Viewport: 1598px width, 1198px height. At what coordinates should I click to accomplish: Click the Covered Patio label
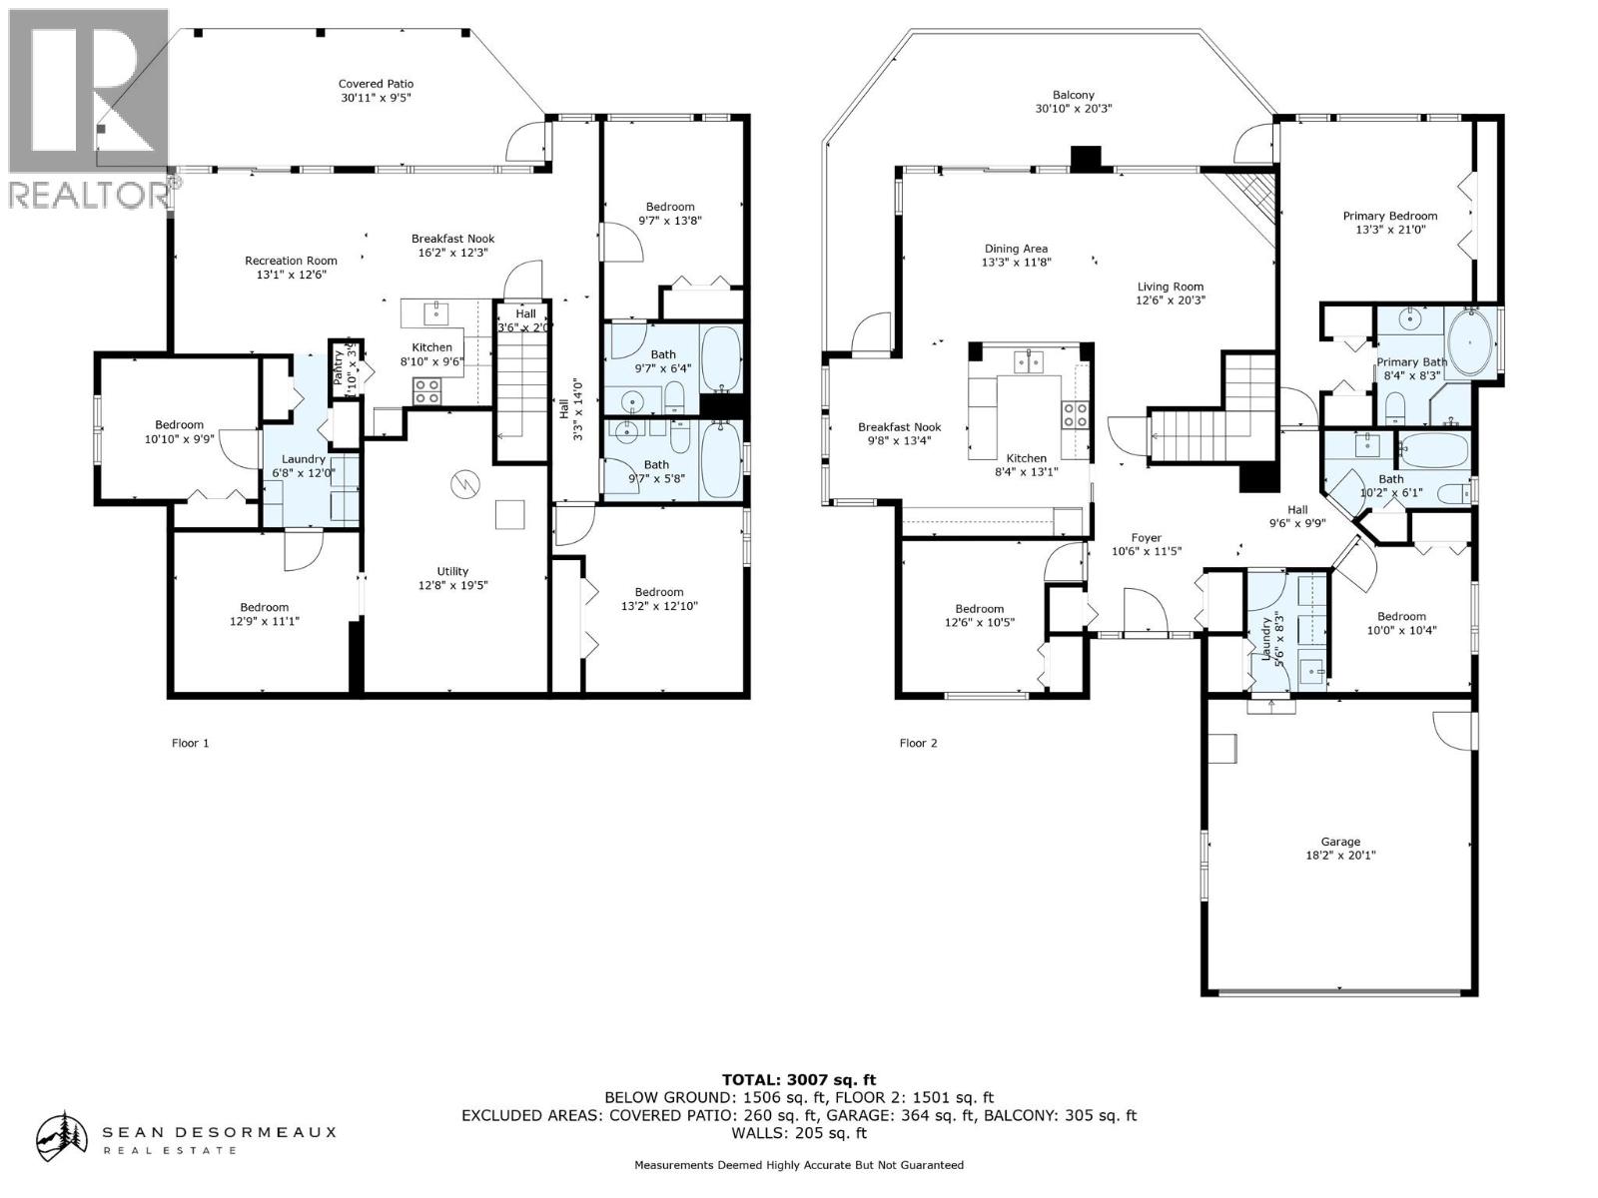376,91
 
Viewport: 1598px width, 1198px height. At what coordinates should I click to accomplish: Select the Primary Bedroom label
1389,222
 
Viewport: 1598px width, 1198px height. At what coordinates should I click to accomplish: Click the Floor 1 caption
191,743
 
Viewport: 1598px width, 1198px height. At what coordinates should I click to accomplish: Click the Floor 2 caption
918,743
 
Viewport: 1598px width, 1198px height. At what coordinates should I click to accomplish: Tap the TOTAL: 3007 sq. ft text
798,1079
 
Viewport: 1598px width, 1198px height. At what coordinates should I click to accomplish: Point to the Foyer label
1147,544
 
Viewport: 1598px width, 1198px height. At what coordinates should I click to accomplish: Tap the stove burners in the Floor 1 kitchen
428,390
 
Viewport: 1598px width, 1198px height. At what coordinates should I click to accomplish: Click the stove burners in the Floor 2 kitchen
1076,414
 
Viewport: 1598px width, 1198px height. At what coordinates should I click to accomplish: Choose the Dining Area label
1016,255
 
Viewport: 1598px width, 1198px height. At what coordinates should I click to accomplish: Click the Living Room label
1170,293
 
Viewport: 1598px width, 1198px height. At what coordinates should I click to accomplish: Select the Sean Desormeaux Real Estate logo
185,1137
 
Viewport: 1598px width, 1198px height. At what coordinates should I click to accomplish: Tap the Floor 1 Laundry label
303,465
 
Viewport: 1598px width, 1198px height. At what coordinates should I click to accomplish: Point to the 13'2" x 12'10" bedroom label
658,598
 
